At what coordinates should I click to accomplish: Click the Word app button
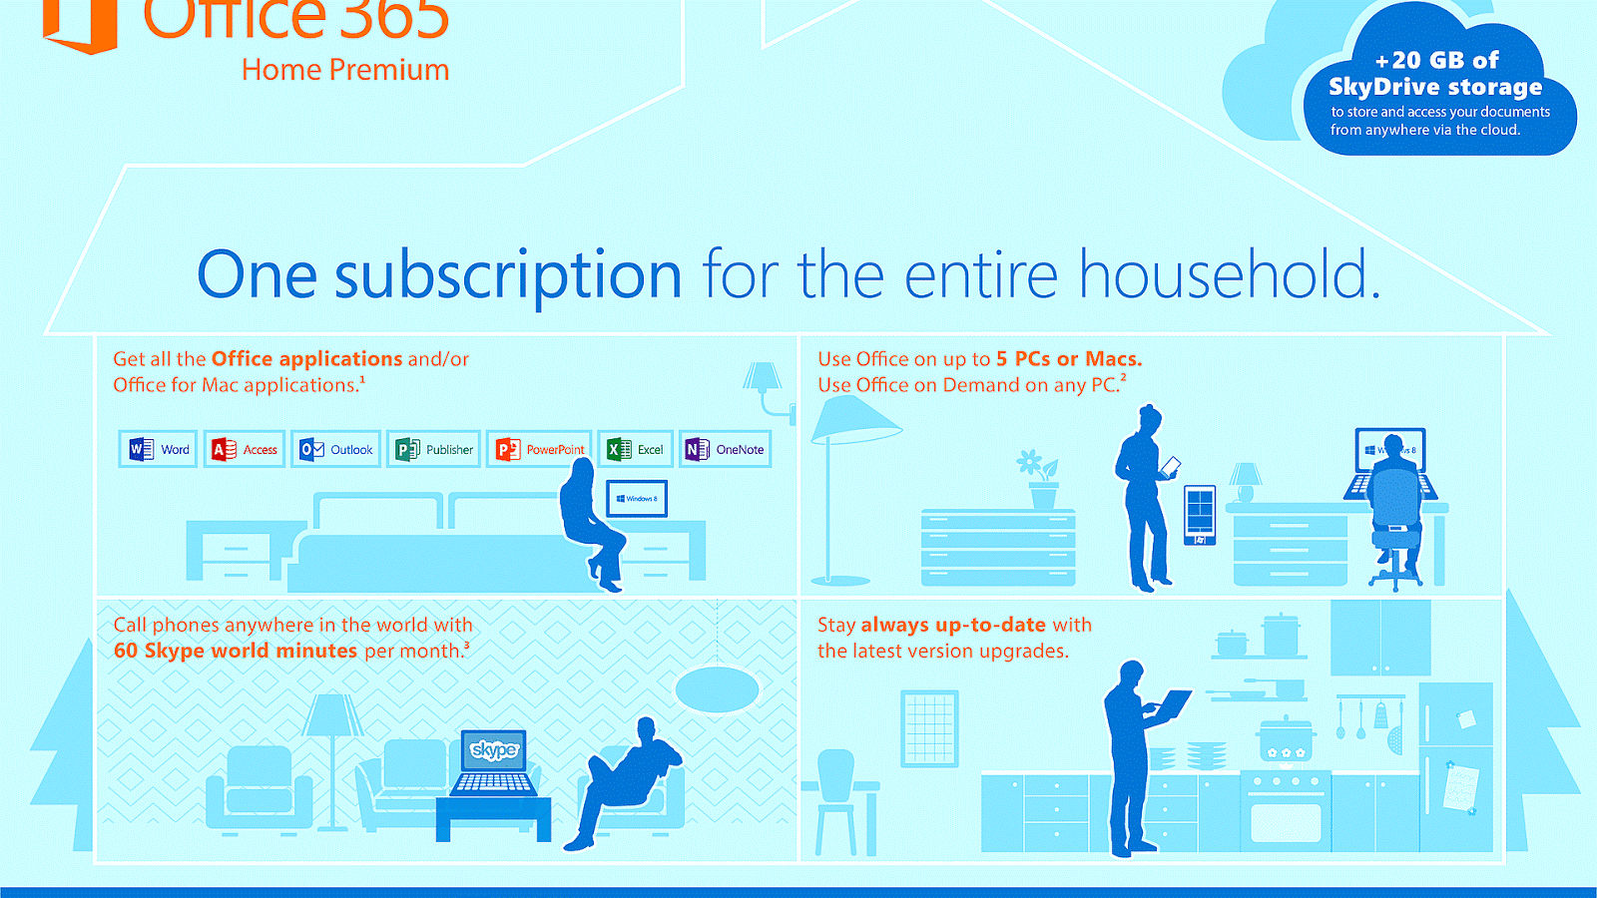(x=159, y=450)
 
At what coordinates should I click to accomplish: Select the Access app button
(x=245, y=450)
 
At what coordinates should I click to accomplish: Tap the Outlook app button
(x=336, y=450)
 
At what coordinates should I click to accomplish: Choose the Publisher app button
(x=434, y=450)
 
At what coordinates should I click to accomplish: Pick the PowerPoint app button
(x=540, y=450)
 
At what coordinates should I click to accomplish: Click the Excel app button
(x=636, y=450)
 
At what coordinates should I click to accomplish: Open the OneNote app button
(x=725, y=450)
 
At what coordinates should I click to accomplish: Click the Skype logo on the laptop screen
(x=494, y=749)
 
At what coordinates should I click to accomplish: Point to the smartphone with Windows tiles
(x=1200, y=514)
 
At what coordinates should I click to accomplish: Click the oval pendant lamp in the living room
(x=717, y=688)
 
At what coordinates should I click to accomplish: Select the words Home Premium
(x=345, y=70)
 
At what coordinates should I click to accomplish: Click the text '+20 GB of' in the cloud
(x=1437, y=60)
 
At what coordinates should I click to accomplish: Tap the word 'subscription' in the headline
(x=508, y=275)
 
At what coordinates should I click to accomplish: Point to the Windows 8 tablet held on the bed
(x=637, y=498)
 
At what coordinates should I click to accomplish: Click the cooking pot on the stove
(x=1286, y=739)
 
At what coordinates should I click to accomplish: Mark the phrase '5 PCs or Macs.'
(x=1068, y=359)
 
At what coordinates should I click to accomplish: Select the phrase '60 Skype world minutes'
(x=236, y=651)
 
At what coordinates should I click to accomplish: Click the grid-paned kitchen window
(x=929, y=727)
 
